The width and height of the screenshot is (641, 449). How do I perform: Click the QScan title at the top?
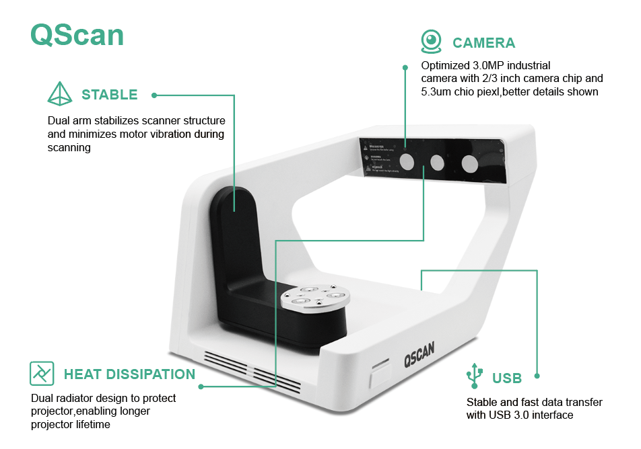77,36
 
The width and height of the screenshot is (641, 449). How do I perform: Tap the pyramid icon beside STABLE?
59,94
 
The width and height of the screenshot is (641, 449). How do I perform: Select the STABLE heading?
110,95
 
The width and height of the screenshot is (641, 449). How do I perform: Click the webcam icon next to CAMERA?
431,41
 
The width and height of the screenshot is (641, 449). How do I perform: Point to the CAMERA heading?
483,43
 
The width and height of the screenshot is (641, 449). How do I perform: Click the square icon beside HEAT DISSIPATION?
42,373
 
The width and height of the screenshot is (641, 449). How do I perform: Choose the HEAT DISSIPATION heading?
129,374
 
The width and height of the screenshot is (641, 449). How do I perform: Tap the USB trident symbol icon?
475,376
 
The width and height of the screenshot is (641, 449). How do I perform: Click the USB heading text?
507,378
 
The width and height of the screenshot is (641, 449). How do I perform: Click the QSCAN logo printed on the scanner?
419,352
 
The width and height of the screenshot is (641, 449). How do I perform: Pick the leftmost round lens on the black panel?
407,161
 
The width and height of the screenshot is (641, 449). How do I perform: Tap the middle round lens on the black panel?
438,161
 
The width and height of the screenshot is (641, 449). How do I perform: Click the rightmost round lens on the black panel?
469,163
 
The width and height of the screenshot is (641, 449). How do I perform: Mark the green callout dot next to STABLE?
154,95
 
